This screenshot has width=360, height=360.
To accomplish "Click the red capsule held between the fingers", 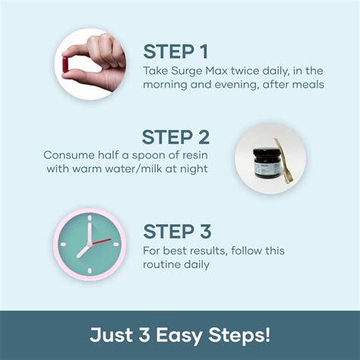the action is click(x=65, y=65).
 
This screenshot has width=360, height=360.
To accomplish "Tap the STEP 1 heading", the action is click(x=175, y=52).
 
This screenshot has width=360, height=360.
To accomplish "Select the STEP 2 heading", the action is click(x=175, y=137).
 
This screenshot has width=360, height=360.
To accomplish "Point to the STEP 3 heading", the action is click(x=177, y=232).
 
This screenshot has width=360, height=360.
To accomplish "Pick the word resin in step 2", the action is click(x=194, y=155).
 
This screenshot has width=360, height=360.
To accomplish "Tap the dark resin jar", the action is click(x=267, y=163).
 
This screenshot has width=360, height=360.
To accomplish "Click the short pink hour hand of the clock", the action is click(x=84, y=251).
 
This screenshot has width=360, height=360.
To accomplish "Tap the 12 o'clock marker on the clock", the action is click(x=90, y=218).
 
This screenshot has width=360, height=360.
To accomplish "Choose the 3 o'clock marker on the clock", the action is click(x=116, y=245).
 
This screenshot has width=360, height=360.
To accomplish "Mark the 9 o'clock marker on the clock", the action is click(x=63, y=245).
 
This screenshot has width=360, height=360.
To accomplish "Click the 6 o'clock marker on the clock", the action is click(x=90, y=271).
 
